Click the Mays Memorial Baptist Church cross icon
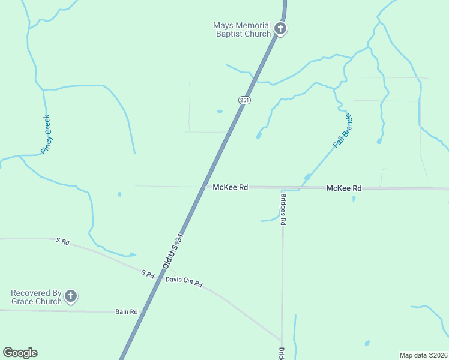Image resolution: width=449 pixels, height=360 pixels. [280, 28]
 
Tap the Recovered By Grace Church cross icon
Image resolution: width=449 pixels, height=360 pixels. [71, 296]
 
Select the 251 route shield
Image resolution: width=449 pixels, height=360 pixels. [244, 100]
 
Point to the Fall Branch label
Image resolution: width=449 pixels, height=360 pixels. [343, 131]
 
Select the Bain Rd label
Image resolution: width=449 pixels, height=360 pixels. [127, 311]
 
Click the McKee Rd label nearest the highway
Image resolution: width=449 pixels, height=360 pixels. [231, 187]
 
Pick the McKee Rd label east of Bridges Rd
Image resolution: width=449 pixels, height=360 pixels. [344, 188]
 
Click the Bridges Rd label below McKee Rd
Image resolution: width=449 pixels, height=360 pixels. [283, 209]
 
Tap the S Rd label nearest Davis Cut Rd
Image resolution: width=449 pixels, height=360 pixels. [148, 274]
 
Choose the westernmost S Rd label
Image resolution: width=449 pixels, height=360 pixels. [63, 242]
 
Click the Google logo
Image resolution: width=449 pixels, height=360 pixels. [20, 353]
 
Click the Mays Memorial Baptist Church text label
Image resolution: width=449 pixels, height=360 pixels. [242, 29]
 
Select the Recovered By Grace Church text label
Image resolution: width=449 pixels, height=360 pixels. [37, 297]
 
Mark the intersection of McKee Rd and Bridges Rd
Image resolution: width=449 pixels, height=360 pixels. [282, 188]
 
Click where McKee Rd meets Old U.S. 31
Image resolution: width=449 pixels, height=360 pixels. [203, 187]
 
